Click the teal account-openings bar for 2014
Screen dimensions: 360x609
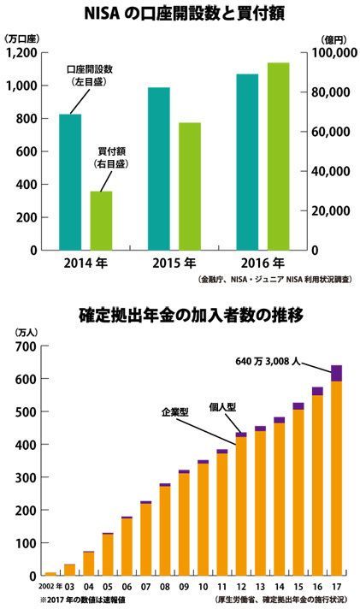click(x=70, y=182)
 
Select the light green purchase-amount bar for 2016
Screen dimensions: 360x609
click(x=279, y=157)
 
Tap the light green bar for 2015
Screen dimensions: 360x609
click(x=190, y=186)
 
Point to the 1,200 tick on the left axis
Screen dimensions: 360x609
click(x=21, y=53)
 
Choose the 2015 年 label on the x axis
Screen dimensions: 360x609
click(x=174, y=263)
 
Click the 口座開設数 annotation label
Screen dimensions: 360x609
click(x=90, y=69)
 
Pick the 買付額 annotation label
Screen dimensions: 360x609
click(x=111, y=151)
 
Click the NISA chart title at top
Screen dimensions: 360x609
click(x=185, y=15)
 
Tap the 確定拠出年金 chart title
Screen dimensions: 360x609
click(x=191, y=316)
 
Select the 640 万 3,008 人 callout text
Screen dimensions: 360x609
click(x=268, y=361)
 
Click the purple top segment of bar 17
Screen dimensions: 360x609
click(x=337, y=373)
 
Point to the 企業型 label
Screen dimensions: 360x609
click(x=175, y=411)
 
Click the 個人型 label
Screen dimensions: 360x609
click(x=222, y=406)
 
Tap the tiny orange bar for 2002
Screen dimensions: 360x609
click(x=50, y=574)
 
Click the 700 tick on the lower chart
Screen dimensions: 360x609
click(x=27, y=346)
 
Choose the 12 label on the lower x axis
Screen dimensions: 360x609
click(x=241, y=587)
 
